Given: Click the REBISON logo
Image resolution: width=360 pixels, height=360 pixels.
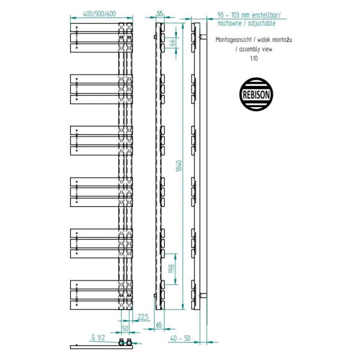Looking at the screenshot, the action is [x=256, y=94].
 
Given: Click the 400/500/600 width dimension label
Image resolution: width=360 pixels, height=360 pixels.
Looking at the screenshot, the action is [x=99, y=13].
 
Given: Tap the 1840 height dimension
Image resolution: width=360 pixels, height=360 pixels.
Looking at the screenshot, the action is [x=179, y=166].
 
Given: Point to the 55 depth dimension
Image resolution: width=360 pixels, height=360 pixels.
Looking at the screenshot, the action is [x=160, y=13].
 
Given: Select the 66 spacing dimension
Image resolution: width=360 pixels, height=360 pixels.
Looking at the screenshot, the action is [x=172, y=42].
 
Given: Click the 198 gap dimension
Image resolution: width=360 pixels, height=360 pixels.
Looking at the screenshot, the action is [x=171, y=269].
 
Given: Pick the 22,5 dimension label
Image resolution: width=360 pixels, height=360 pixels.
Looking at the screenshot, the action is [x=143, y=317].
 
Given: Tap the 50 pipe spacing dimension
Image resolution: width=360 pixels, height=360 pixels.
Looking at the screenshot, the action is [x=125, y=328].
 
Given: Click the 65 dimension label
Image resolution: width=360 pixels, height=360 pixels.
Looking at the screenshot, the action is [x=159, y=325].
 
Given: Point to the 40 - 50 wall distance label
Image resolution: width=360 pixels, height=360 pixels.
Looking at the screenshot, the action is [x=180, y=338].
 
